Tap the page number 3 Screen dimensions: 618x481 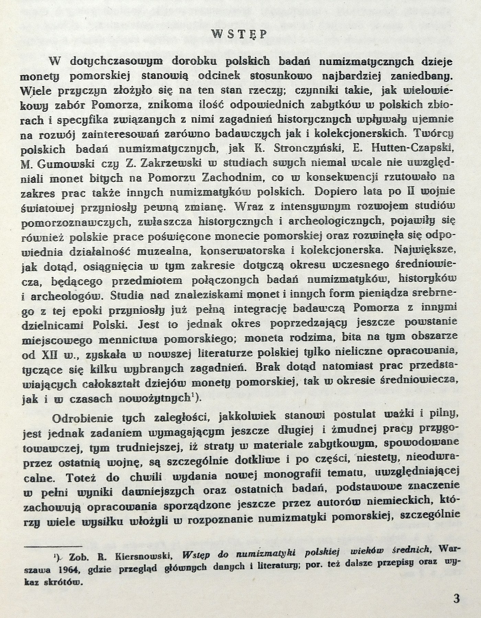tap(456, 599)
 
